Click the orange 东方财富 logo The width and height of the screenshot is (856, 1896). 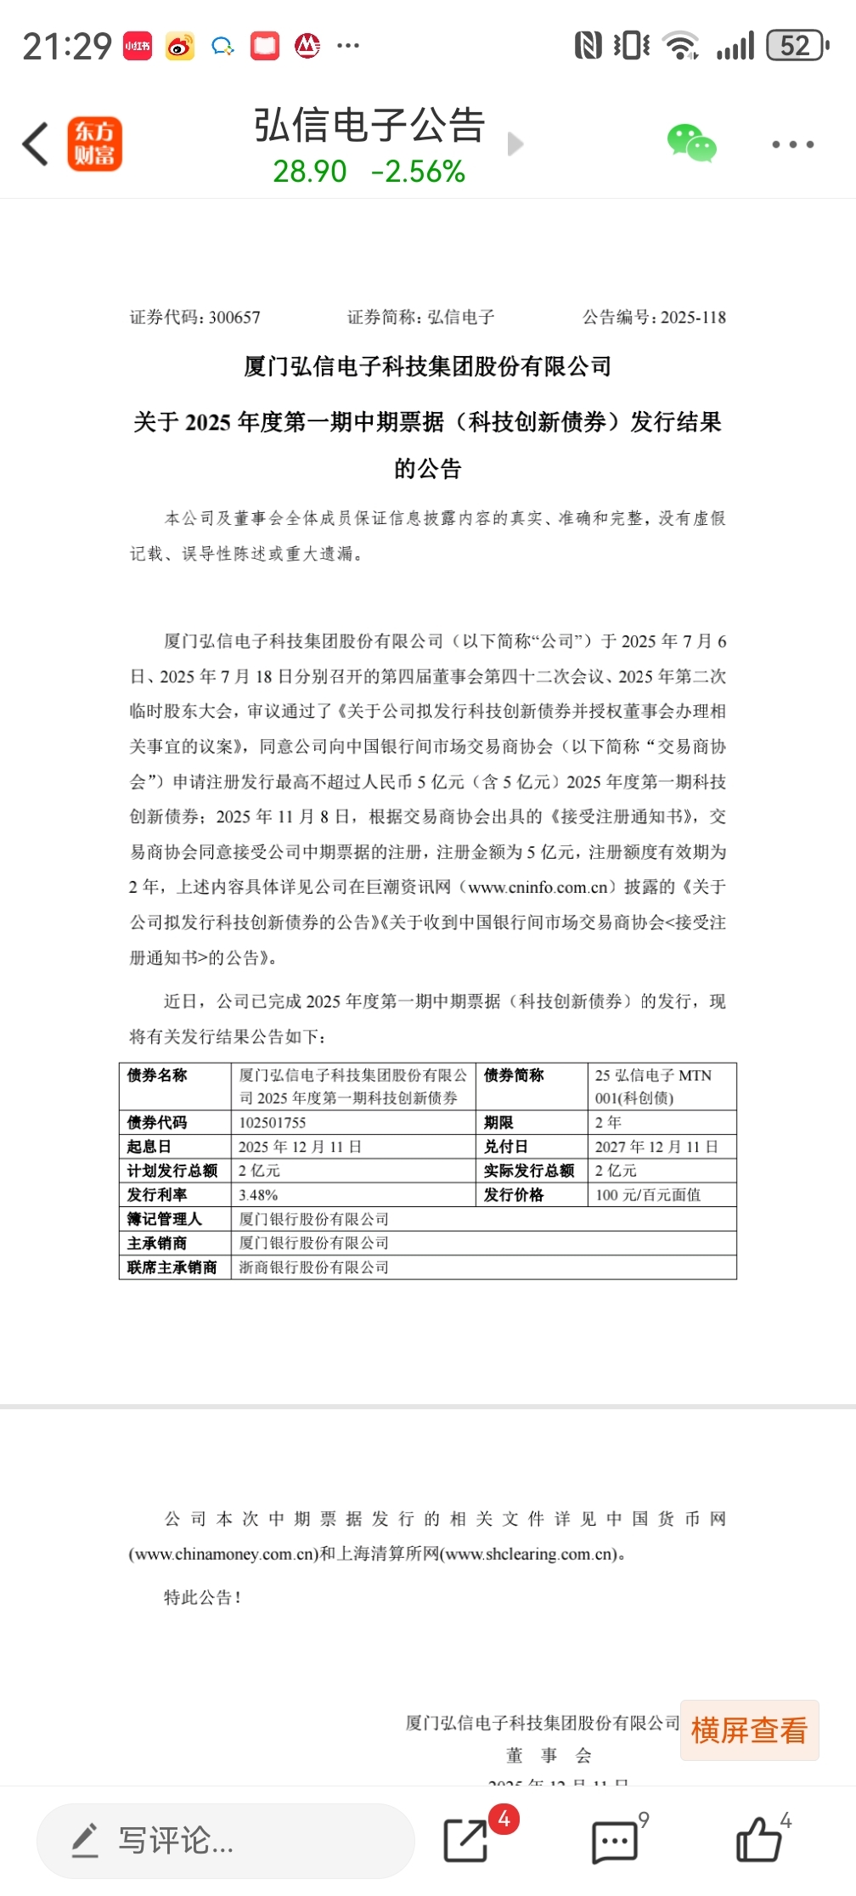coord(94,144)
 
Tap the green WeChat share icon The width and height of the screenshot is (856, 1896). coord(691,144)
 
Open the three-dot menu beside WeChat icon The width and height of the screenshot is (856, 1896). coord(792,144)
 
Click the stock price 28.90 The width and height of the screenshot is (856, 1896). coord(309,172)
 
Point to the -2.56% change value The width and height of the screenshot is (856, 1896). coord(418,172)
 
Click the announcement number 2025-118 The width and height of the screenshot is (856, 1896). coord(693,318)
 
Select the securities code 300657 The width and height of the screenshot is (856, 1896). coord(234,318)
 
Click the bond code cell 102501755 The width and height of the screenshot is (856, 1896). coord(272,1122)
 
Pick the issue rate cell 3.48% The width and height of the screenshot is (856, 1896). coord(258,1194)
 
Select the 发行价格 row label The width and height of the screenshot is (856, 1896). coord(514,1194)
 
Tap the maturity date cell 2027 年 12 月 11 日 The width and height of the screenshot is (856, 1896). coord(656,1147)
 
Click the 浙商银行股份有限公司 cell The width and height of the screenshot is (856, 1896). coord(313,1267)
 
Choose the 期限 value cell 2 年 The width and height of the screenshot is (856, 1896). coord(608,1122)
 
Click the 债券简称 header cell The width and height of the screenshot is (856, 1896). coord(514,1075)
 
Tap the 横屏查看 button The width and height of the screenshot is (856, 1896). coord(749,1730)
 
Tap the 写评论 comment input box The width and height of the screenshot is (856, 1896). coord(225,1841)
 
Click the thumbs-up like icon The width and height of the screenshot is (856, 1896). coord(757,1840)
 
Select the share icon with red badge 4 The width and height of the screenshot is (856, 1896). coord(466,1840)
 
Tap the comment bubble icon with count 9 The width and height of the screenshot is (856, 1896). coord(613,1841)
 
